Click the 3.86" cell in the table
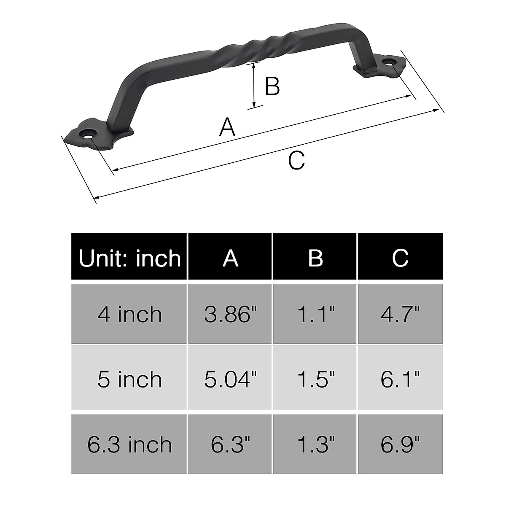tap(230, 314)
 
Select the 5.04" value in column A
tap(230, 379)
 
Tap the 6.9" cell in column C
tap(400, 444)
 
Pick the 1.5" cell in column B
tap(315, 379)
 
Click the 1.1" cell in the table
tap(315, 314)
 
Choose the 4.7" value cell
tap(400, 314)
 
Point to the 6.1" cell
tap(400, 379)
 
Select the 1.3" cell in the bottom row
tap(315, 444)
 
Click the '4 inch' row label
tap(129, 314)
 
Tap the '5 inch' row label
tap(129, 379)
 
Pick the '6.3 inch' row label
tap(129, 444)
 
